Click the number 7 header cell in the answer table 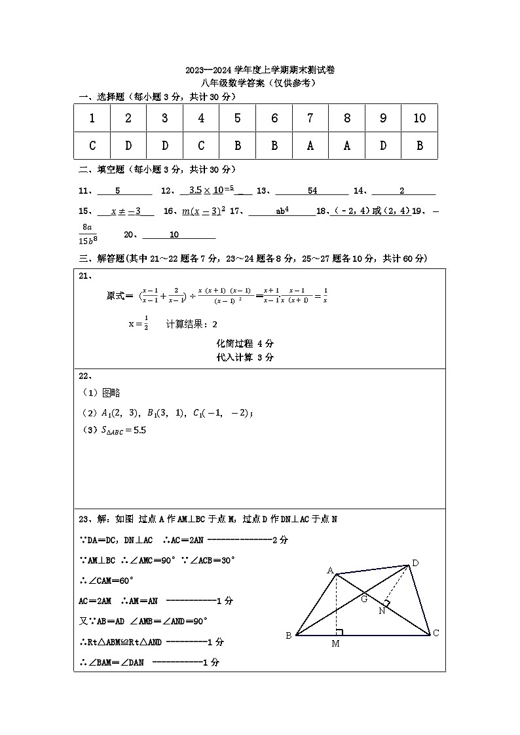point(310,118)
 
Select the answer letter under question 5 point(237,146)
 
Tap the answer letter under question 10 point(420,146)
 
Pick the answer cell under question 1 point(92,146)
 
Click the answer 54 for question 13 point(312,190)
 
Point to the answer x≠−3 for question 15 point(126,211)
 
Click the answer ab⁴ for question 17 point(282,211)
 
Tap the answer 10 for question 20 point(174,235)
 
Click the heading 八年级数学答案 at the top point(259,83)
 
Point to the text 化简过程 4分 point(245,344)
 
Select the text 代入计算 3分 point(245,357)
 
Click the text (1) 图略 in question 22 point(101,393)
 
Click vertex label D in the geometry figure point(415,563)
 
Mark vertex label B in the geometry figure point(288,636)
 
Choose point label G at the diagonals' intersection point(364,598)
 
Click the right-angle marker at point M point(339,632)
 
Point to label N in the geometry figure point(381,611)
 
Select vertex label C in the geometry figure point(436,633)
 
